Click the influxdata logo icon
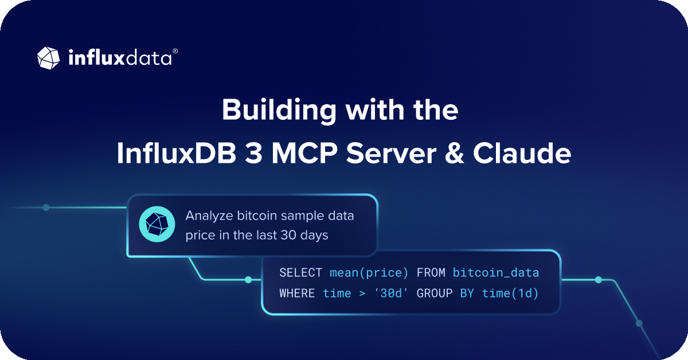(49, 57)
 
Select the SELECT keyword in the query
(300, 273)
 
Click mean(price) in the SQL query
(369, 273)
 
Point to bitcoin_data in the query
(496, 273)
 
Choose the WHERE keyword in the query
(297, 294)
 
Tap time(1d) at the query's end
(510, 294)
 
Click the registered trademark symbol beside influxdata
(175, 51)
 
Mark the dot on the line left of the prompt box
(46, 208)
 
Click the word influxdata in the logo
(119, 58)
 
